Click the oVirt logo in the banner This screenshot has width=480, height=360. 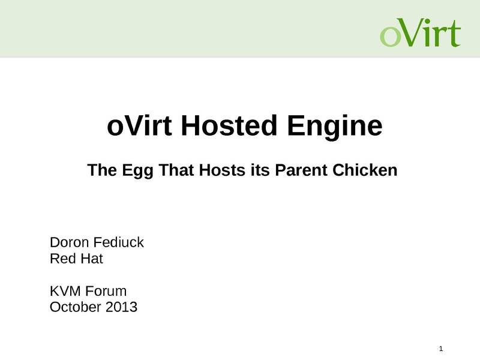421,32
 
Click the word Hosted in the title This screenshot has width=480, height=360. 229,125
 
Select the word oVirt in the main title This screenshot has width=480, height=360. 139,125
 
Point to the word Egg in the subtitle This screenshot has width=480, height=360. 137,171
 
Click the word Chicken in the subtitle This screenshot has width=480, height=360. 365,170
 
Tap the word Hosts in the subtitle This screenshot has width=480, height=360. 222,170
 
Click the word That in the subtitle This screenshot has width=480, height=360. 176,170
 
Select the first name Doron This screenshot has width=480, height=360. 69,242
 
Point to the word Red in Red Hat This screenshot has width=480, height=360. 61,259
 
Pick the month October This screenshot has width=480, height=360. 76,307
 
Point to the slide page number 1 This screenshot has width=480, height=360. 441,349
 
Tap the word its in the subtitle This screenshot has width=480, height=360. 260,170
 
